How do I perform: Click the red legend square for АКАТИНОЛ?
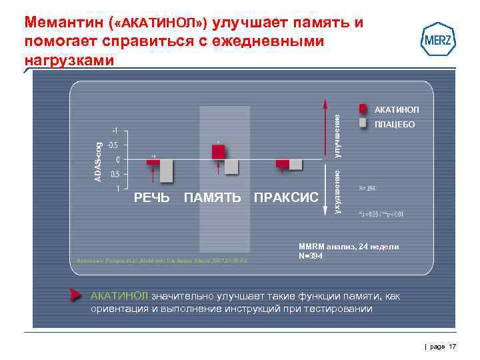363,109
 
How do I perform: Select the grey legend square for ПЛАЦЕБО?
363,123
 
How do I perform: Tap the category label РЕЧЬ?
152,197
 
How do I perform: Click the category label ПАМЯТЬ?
212,197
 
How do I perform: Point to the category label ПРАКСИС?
286,197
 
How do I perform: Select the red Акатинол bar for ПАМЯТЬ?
218,152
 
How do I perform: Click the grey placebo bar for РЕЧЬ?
166,171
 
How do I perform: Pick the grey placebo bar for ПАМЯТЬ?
231,167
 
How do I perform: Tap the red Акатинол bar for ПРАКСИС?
283,164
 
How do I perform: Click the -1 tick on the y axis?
115,131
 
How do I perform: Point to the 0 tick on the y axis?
118,159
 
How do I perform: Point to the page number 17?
452,346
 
